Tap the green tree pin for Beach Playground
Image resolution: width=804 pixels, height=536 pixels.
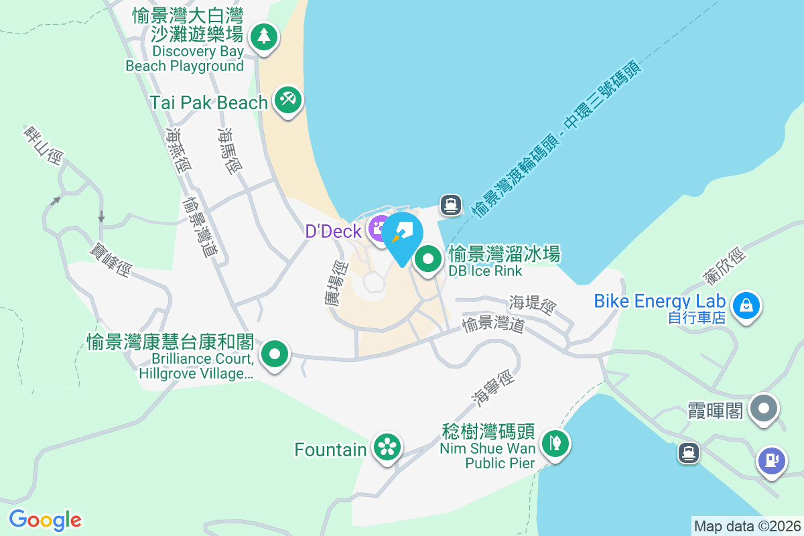(x=264, y=36)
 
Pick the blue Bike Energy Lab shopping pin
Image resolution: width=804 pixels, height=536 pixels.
(x=746, y=306)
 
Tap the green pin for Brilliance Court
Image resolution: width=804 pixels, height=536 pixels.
(x=274, y=354)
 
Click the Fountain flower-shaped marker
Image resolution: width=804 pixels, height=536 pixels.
(x=387, y=447)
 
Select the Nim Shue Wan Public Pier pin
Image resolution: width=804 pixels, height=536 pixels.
(x=555, y=443)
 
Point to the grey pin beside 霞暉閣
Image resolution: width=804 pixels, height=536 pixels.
(x=763, y=408)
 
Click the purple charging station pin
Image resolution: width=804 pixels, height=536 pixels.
(x=772, y=460)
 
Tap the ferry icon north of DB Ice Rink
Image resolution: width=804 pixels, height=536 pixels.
(x=451, y=205)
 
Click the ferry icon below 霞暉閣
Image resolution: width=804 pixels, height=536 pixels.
(x=688, y=453)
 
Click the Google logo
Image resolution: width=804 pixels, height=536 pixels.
(x=45, y=520)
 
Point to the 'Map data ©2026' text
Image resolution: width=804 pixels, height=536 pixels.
(x=747, y=526)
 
